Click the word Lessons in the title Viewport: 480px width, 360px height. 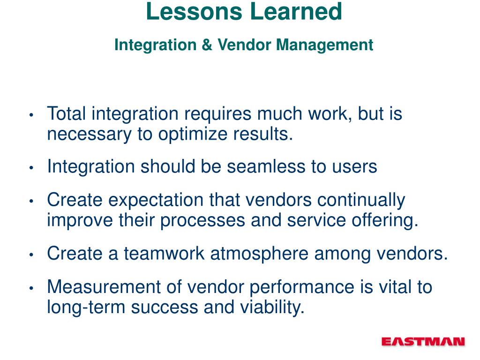point(194,12)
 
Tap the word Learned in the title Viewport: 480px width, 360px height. point(296,12)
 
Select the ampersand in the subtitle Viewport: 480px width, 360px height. point(207,45)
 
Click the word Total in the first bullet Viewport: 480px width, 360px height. point(67,113)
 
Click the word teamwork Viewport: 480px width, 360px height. point(164,254)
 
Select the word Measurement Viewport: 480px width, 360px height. point(104,287)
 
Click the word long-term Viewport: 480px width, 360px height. point(86,308)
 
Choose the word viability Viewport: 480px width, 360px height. point(272,308)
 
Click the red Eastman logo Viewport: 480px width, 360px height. point(423,342)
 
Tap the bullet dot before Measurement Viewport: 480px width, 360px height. point(31,288)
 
